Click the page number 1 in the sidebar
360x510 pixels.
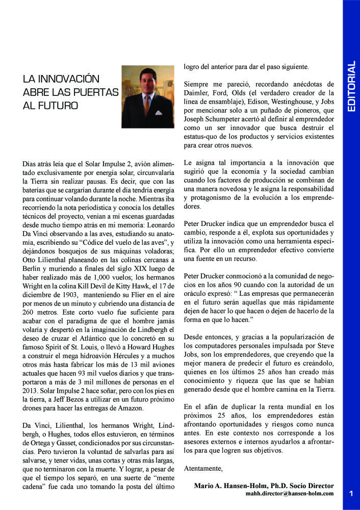click(x=351, y=493)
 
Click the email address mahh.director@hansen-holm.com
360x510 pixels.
click(x=290, y=493)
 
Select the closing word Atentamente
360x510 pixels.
click(x=203, y=468)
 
